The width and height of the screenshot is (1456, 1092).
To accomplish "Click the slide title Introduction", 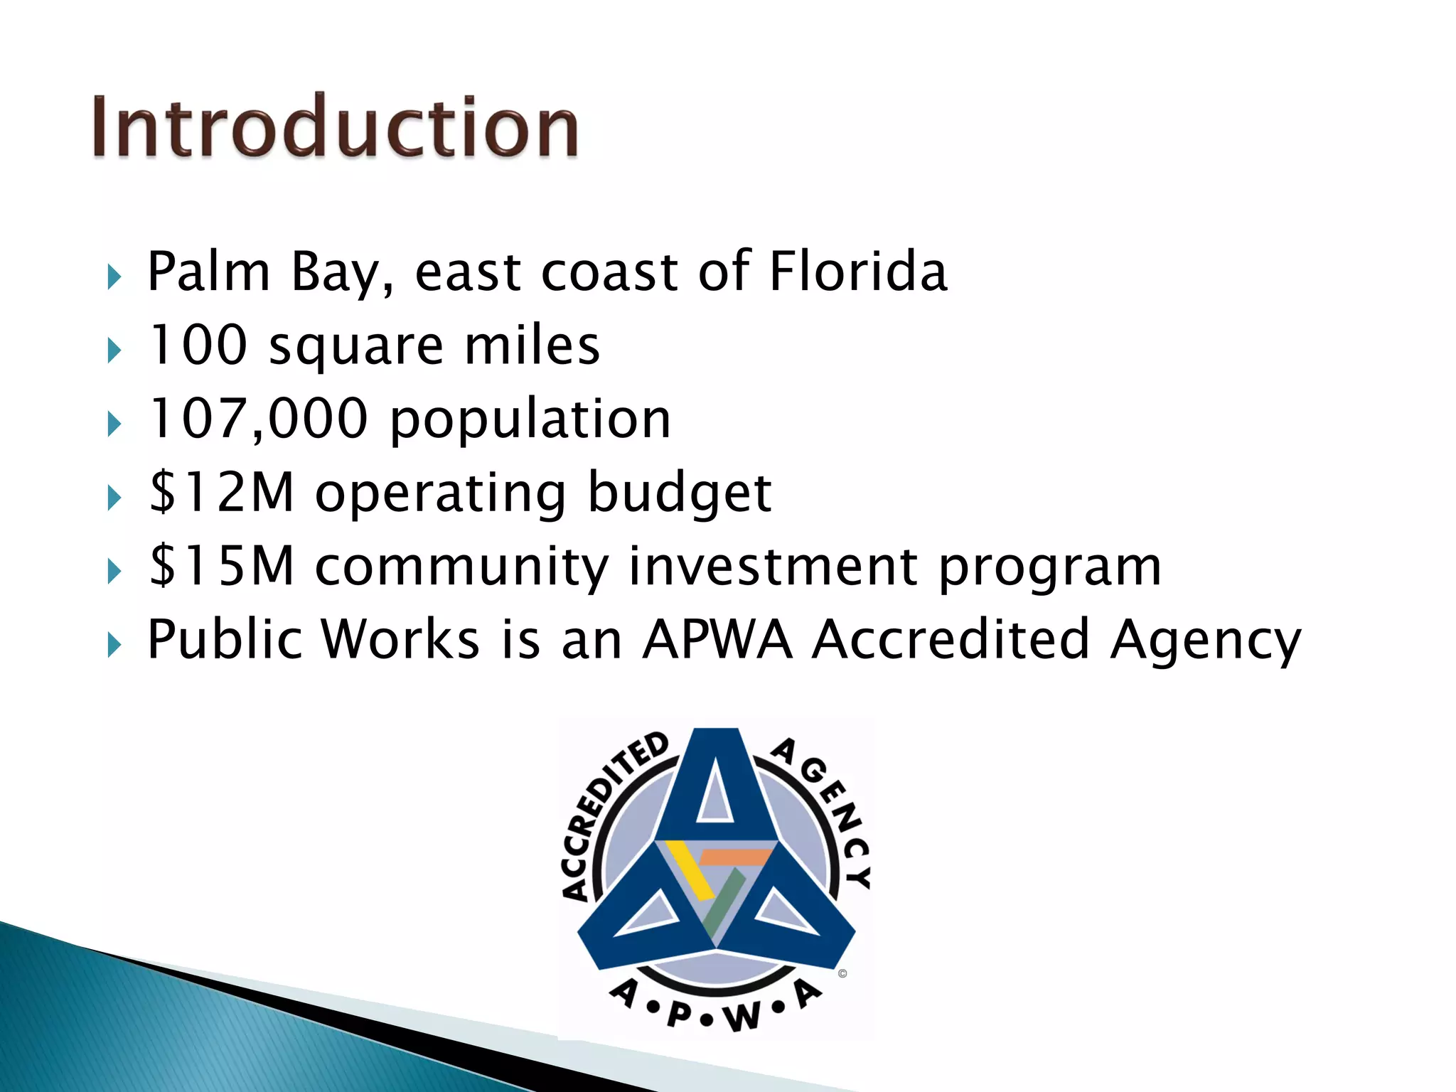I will coord(334,127).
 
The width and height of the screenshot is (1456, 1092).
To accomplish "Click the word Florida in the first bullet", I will coord(858,272).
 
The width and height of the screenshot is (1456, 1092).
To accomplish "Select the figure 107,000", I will coord(259,419).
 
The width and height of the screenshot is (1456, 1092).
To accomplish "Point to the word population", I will coord(530,420).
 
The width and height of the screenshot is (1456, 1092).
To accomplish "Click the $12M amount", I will coord(222,492).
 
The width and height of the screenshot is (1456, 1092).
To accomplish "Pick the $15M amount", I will coord(222,566).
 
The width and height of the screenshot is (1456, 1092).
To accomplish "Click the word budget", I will coord(680,493).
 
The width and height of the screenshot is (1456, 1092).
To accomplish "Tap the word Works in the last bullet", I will coord(400,639).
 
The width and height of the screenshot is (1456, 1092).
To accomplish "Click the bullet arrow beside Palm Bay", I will coord(114,277).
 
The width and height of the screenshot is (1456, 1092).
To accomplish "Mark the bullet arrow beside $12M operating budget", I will coord(114,498).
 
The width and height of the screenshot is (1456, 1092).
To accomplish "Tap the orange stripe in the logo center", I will coord(737,857).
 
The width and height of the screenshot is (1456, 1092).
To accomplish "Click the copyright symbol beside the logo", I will coord(842,974).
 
